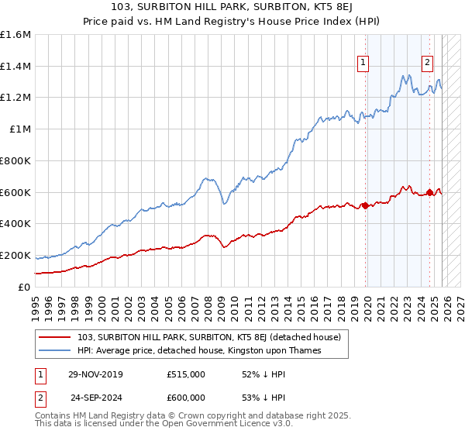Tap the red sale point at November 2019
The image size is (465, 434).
pos(365,205)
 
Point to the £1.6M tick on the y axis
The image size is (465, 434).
pos(15,35)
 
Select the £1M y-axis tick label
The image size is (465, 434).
pos(20,129)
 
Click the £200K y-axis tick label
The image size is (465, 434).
pos(15,255)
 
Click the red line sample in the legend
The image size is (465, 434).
pos(55,337)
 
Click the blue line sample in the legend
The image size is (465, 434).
pos(55,350)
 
